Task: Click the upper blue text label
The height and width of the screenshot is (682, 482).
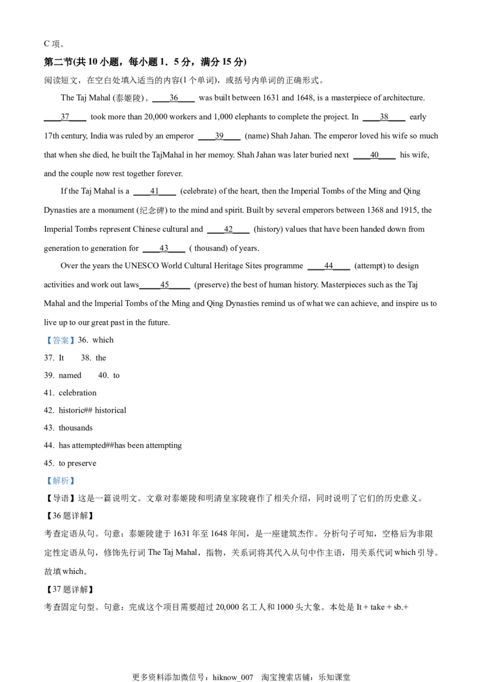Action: tap(60, 340)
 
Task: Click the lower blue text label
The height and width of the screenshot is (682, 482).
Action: tap(60, 481)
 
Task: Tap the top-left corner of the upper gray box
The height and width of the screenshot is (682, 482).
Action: tap(44, 334)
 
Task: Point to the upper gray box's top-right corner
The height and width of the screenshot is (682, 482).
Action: tap(77, 334)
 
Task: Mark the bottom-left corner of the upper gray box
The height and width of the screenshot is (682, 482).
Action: tap(44, 347)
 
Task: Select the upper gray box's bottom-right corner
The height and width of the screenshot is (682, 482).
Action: tap(77, 347)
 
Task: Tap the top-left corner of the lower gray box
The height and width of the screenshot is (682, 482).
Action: tap(44, 474)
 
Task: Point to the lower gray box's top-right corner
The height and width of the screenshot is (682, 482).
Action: tap(77, 474)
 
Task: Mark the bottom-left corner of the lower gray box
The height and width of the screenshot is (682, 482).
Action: tap(44, 487)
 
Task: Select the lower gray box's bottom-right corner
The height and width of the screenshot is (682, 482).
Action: tap(77, 487)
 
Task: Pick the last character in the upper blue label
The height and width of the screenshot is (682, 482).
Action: tap(71, 340)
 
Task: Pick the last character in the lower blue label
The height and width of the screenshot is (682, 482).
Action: tap(71, 481)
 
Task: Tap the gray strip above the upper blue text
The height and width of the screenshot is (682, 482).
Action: tap(60, 335)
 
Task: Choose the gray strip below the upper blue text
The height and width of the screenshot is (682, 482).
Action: tap(60, 346)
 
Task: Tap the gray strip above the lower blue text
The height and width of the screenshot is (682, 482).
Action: tap(60, 475)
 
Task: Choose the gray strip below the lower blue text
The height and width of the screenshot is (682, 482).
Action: tap(60, 486)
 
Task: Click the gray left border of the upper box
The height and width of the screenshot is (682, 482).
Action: tap(45, 340)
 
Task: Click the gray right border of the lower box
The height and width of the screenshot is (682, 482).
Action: tap(75, 481)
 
